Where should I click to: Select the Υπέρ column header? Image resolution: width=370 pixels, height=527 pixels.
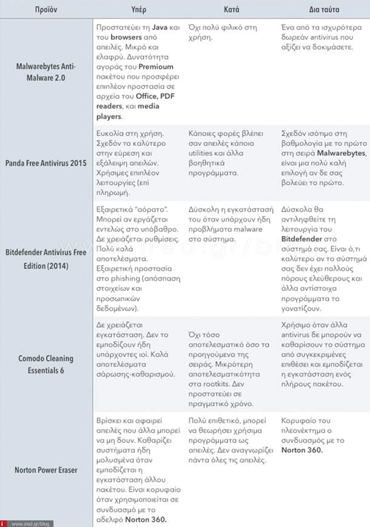pos(140,10)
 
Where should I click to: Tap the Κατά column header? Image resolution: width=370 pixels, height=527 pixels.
pos(232,10)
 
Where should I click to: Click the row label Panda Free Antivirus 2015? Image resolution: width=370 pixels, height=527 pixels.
pos(45,163)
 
